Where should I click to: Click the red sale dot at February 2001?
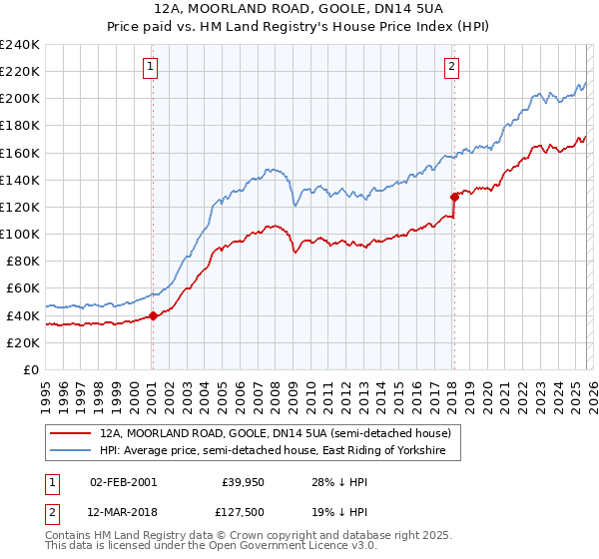click(153, 315)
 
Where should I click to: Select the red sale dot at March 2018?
click(454, 197)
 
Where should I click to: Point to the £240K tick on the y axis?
click(20, 45)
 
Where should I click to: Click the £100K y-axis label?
click(20, 234)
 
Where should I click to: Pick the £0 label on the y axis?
click(30, 369)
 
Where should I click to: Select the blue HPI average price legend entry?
click(280, 451)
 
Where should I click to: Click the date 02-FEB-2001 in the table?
click(123, 481)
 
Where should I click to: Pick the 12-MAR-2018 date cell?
click(124, 511)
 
